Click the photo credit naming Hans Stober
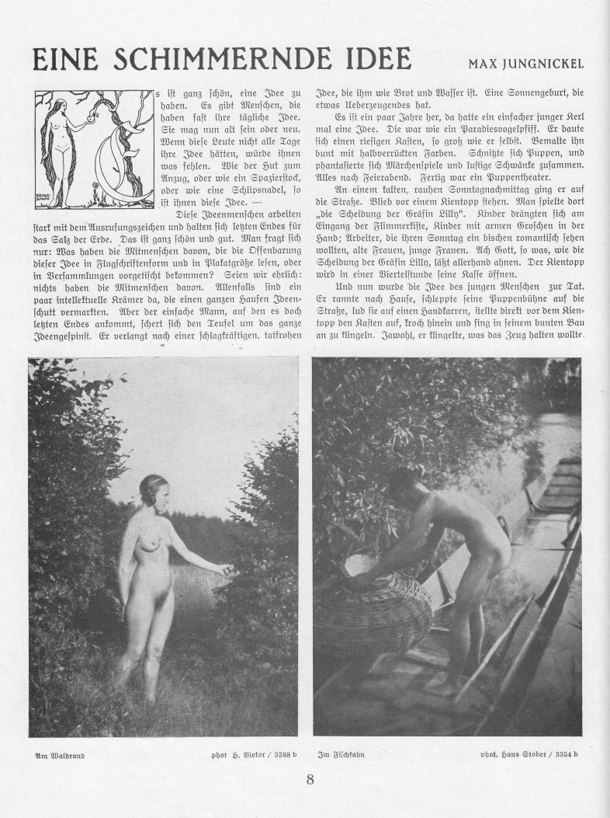pos(535,754)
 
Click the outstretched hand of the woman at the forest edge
pos(226,570)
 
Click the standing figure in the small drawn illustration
pos(56,148)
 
